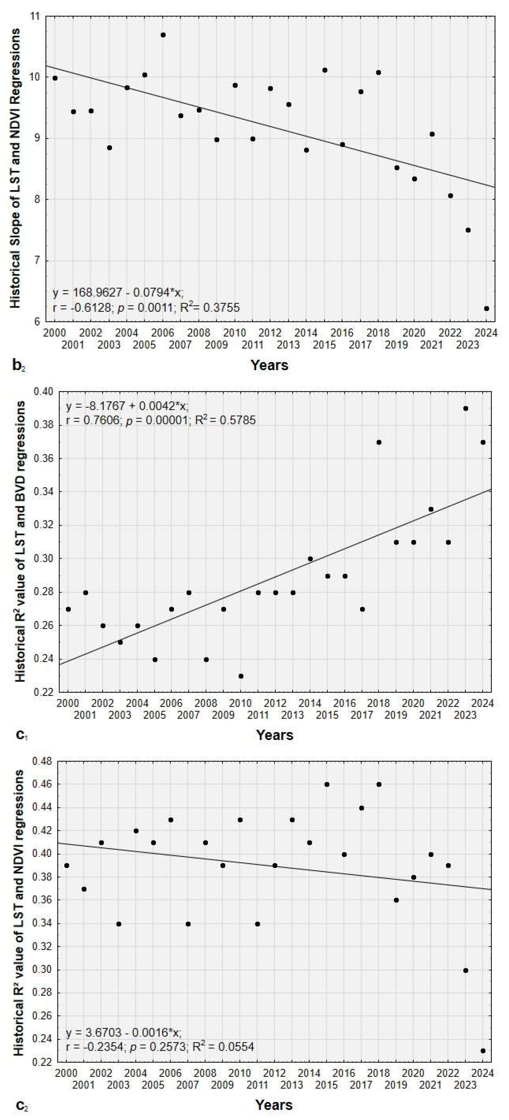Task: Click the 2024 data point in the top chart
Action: (486, 308)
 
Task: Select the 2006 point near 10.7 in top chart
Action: (163, 35)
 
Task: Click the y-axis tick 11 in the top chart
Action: (34, 16)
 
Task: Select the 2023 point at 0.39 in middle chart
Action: (466, 408)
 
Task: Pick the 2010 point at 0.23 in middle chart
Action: (241, 676)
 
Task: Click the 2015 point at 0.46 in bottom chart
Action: (327, 784)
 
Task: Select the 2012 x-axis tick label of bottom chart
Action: (275, 1074)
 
